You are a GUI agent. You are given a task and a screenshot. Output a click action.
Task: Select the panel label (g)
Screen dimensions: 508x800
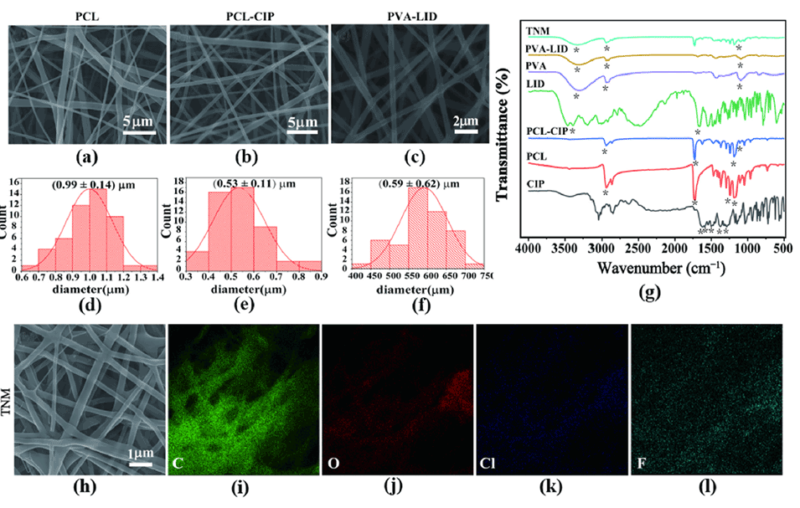point(648,293)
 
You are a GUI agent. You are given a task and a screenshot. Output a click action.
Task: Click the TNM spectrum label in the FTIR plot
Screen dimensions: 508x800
point(539,29)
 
